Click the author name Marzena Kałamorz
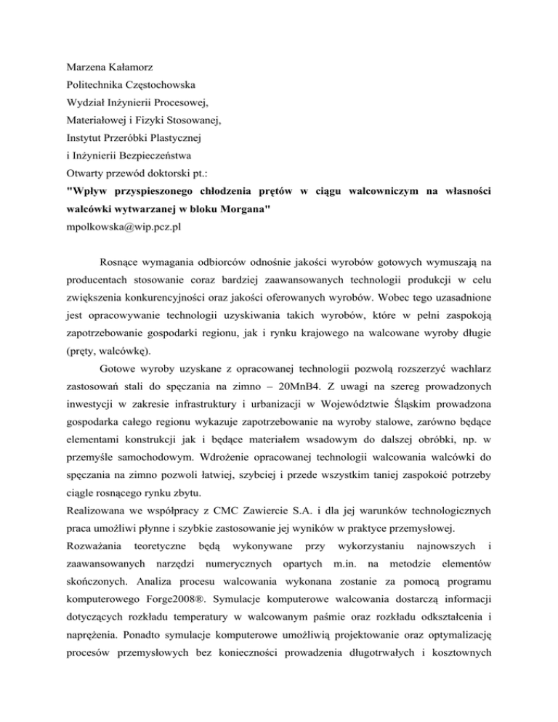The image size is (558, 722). (x=108, y=73)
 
